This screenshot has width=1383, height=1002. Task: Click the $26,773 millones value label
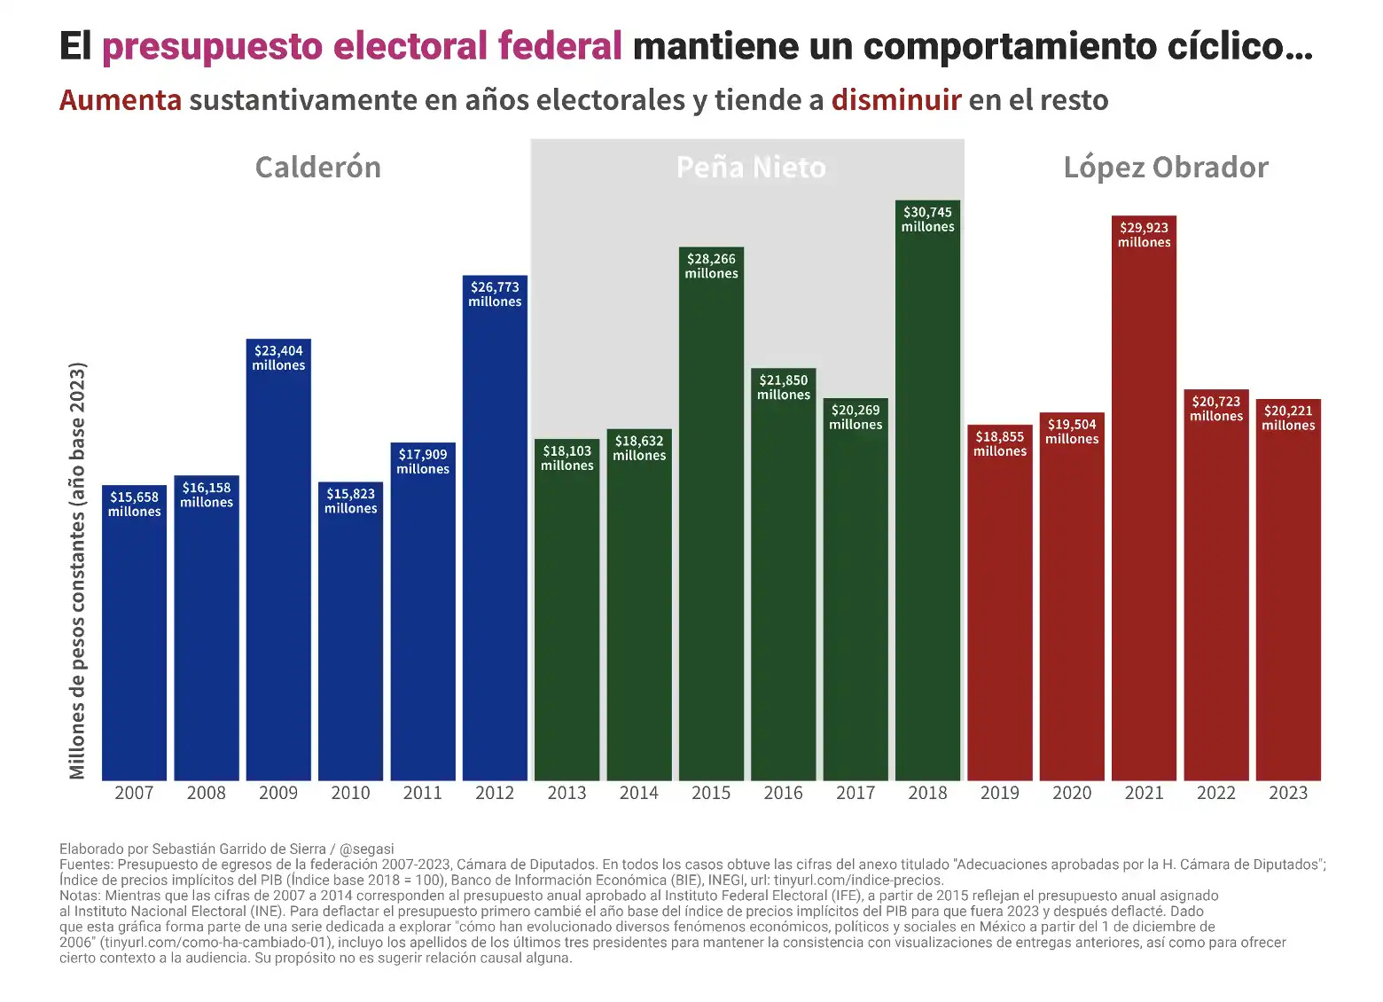tap(495, 294)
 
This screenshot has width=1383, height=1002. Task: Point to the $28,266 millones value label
tap(711, 266)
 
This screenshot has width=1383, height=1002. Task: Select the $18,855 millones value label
tap(1000, 443)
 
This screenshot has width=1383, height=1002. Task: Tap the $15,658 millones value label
tap(135, 504)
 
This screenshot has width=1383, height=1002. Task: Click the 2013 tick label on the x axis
tap(566, 793)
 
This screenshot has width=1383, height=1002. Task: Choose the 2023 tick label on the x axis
tap(1288, 793)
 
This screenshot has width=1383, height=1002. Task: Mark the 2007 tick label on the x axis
tap(134, 793)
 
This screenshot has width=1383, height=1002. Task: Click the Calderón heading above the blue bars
tap(318, 168)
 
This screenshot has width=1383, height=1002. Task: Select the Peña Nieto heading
tap(751, 168)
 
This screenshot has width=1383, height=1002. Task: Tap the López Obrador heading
tap(1166, 168)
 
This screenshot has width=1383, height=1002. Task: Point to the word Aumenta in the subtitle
tap(121, 100)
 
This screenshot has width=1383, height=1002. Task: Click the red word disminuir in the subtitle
tap(896, 100)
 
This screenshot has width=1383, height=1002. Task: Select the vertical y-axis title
tap(78, 571)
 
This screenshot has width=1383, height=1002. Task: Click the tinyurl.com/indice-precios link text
tap(857, 881)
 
